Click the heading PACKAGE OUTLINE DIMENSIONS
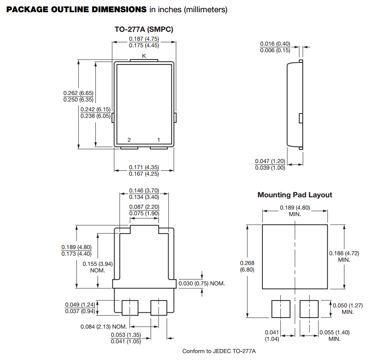coord(76,9)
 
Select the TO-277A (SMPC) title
coord(144,29)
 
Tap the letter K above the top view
coord(144,55)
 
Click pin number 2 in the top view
coord(129,140)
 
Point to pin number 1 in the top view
coord(158,140)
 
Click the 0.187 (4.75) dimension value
coord(144,39)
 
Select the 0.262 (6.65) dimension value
coord(79,93)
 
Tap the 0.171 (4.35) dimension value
coord(144,167)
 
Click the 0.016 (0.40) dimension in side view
coord(275,44)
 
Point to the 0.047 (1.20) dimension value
coord(270,161)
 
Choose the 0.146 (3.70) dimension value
coord(144,190)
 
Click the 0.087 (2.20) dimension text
coord(144,207)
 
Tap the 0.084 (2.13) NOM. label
coord(103,326)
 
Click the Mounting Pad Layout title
coord(295,195)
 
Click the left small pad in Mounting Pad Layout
coord(281,309)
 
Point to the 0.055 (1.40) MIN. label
coord(334,335)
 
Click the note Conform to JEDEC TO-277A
coord(218,351)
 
